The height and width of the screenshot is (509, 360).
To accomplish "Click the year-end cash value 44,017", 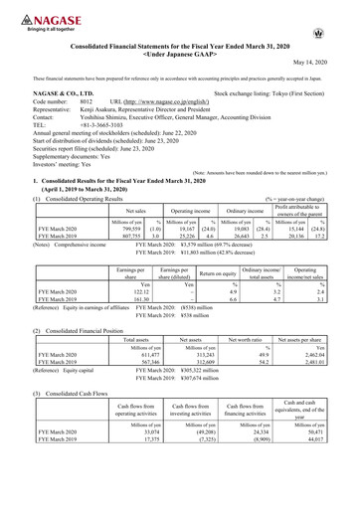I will [x=330, y=498].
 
